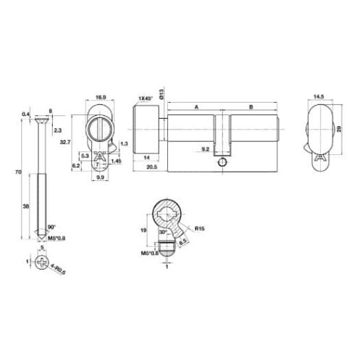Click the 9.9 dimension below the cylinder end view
pyautogui.click(x=101, y=176)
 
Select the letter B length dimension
pyautogui.click(x=250, y=106)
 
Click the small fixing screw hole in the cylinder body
pyautogui.click(x=221, y=163)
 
